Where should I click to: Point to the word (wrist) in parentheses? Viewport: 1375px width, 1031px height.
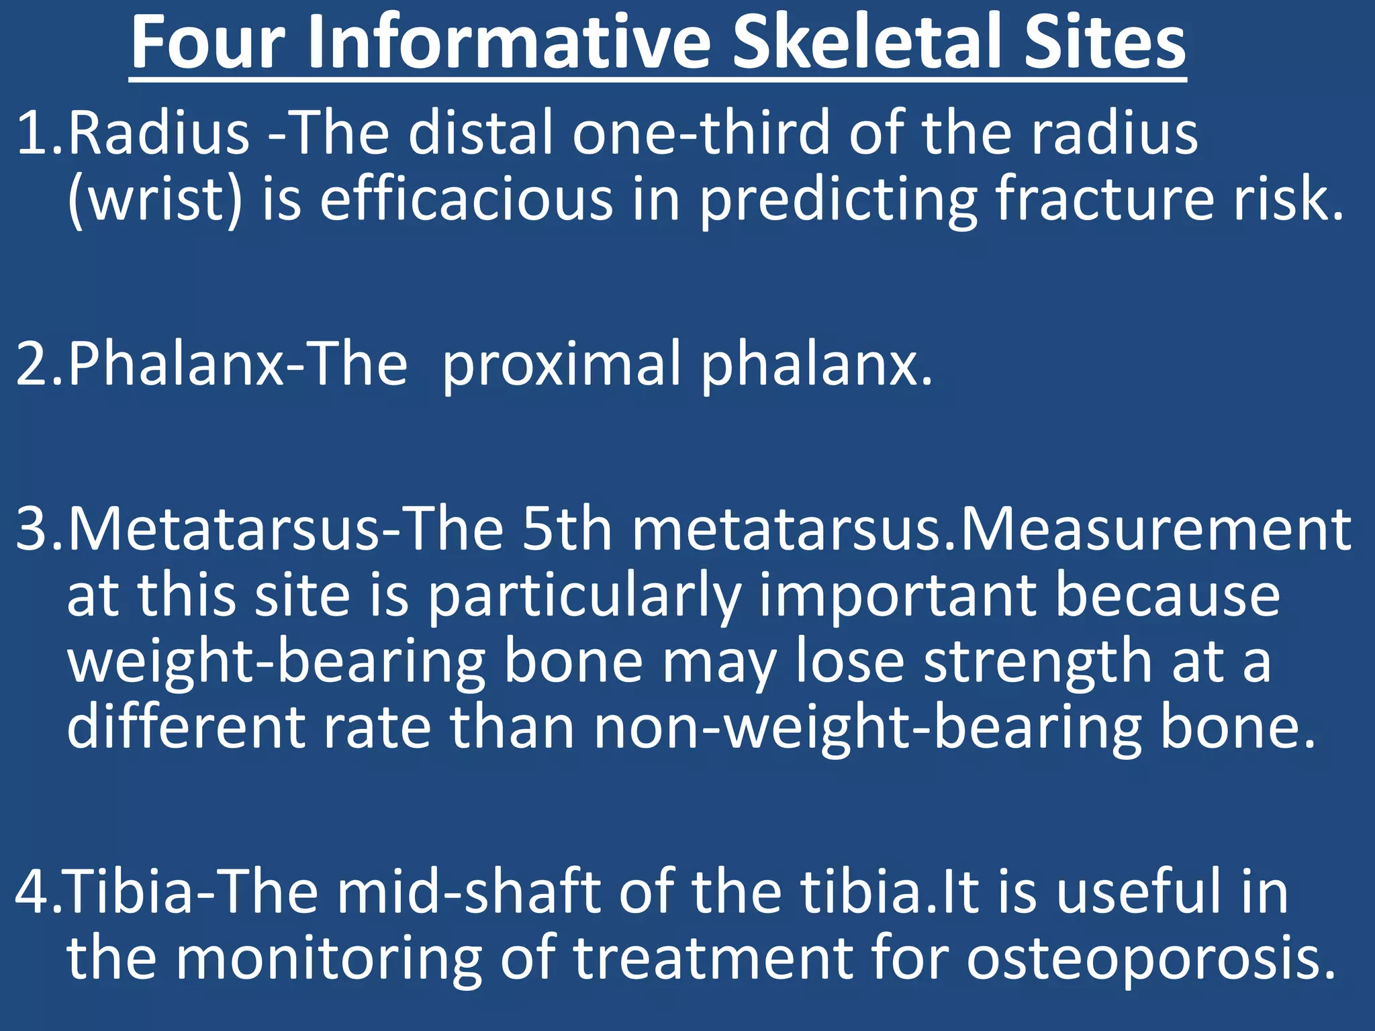[x=154, y=200]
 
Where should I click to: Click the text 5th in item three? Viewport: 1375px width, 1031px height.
[x=567, y=529]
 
